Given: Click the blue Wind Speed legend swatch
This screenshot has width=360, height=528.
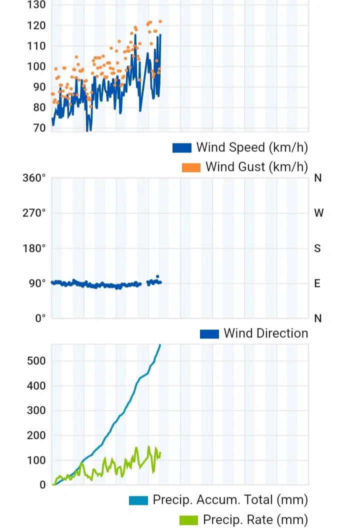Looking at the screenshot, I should point(182,148).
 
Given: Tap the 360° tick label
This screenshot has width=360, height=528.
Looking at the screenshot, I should point(34,178).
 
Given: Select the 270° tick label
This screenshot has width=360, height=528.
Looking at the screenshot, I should point(34,213).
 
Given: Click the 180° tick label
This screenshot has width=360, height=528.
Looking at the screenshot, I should point(34,248).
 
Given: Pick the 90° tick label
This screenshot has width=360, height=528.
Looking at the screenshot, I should point(36,283).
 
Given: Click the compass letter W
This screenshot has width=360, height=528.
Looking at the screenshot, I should point(318,213).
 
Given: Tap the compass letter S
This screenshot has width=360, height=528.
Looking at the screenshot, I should point(317,248).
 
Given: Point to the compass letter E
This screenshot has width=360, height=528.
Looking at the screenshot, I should point(317,283).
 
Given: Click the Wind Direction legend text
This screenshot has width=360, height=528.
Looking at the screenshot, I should point(265,333).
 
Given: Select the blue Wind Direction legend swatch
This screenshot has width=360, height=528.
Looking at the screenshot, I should point(209,334).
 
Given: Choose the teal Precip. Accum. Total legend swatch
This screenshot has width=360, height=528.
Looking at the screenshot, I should point(138,500).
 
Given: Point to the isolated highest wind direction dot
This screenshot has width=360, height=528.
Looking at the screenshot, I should point(157,276).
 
